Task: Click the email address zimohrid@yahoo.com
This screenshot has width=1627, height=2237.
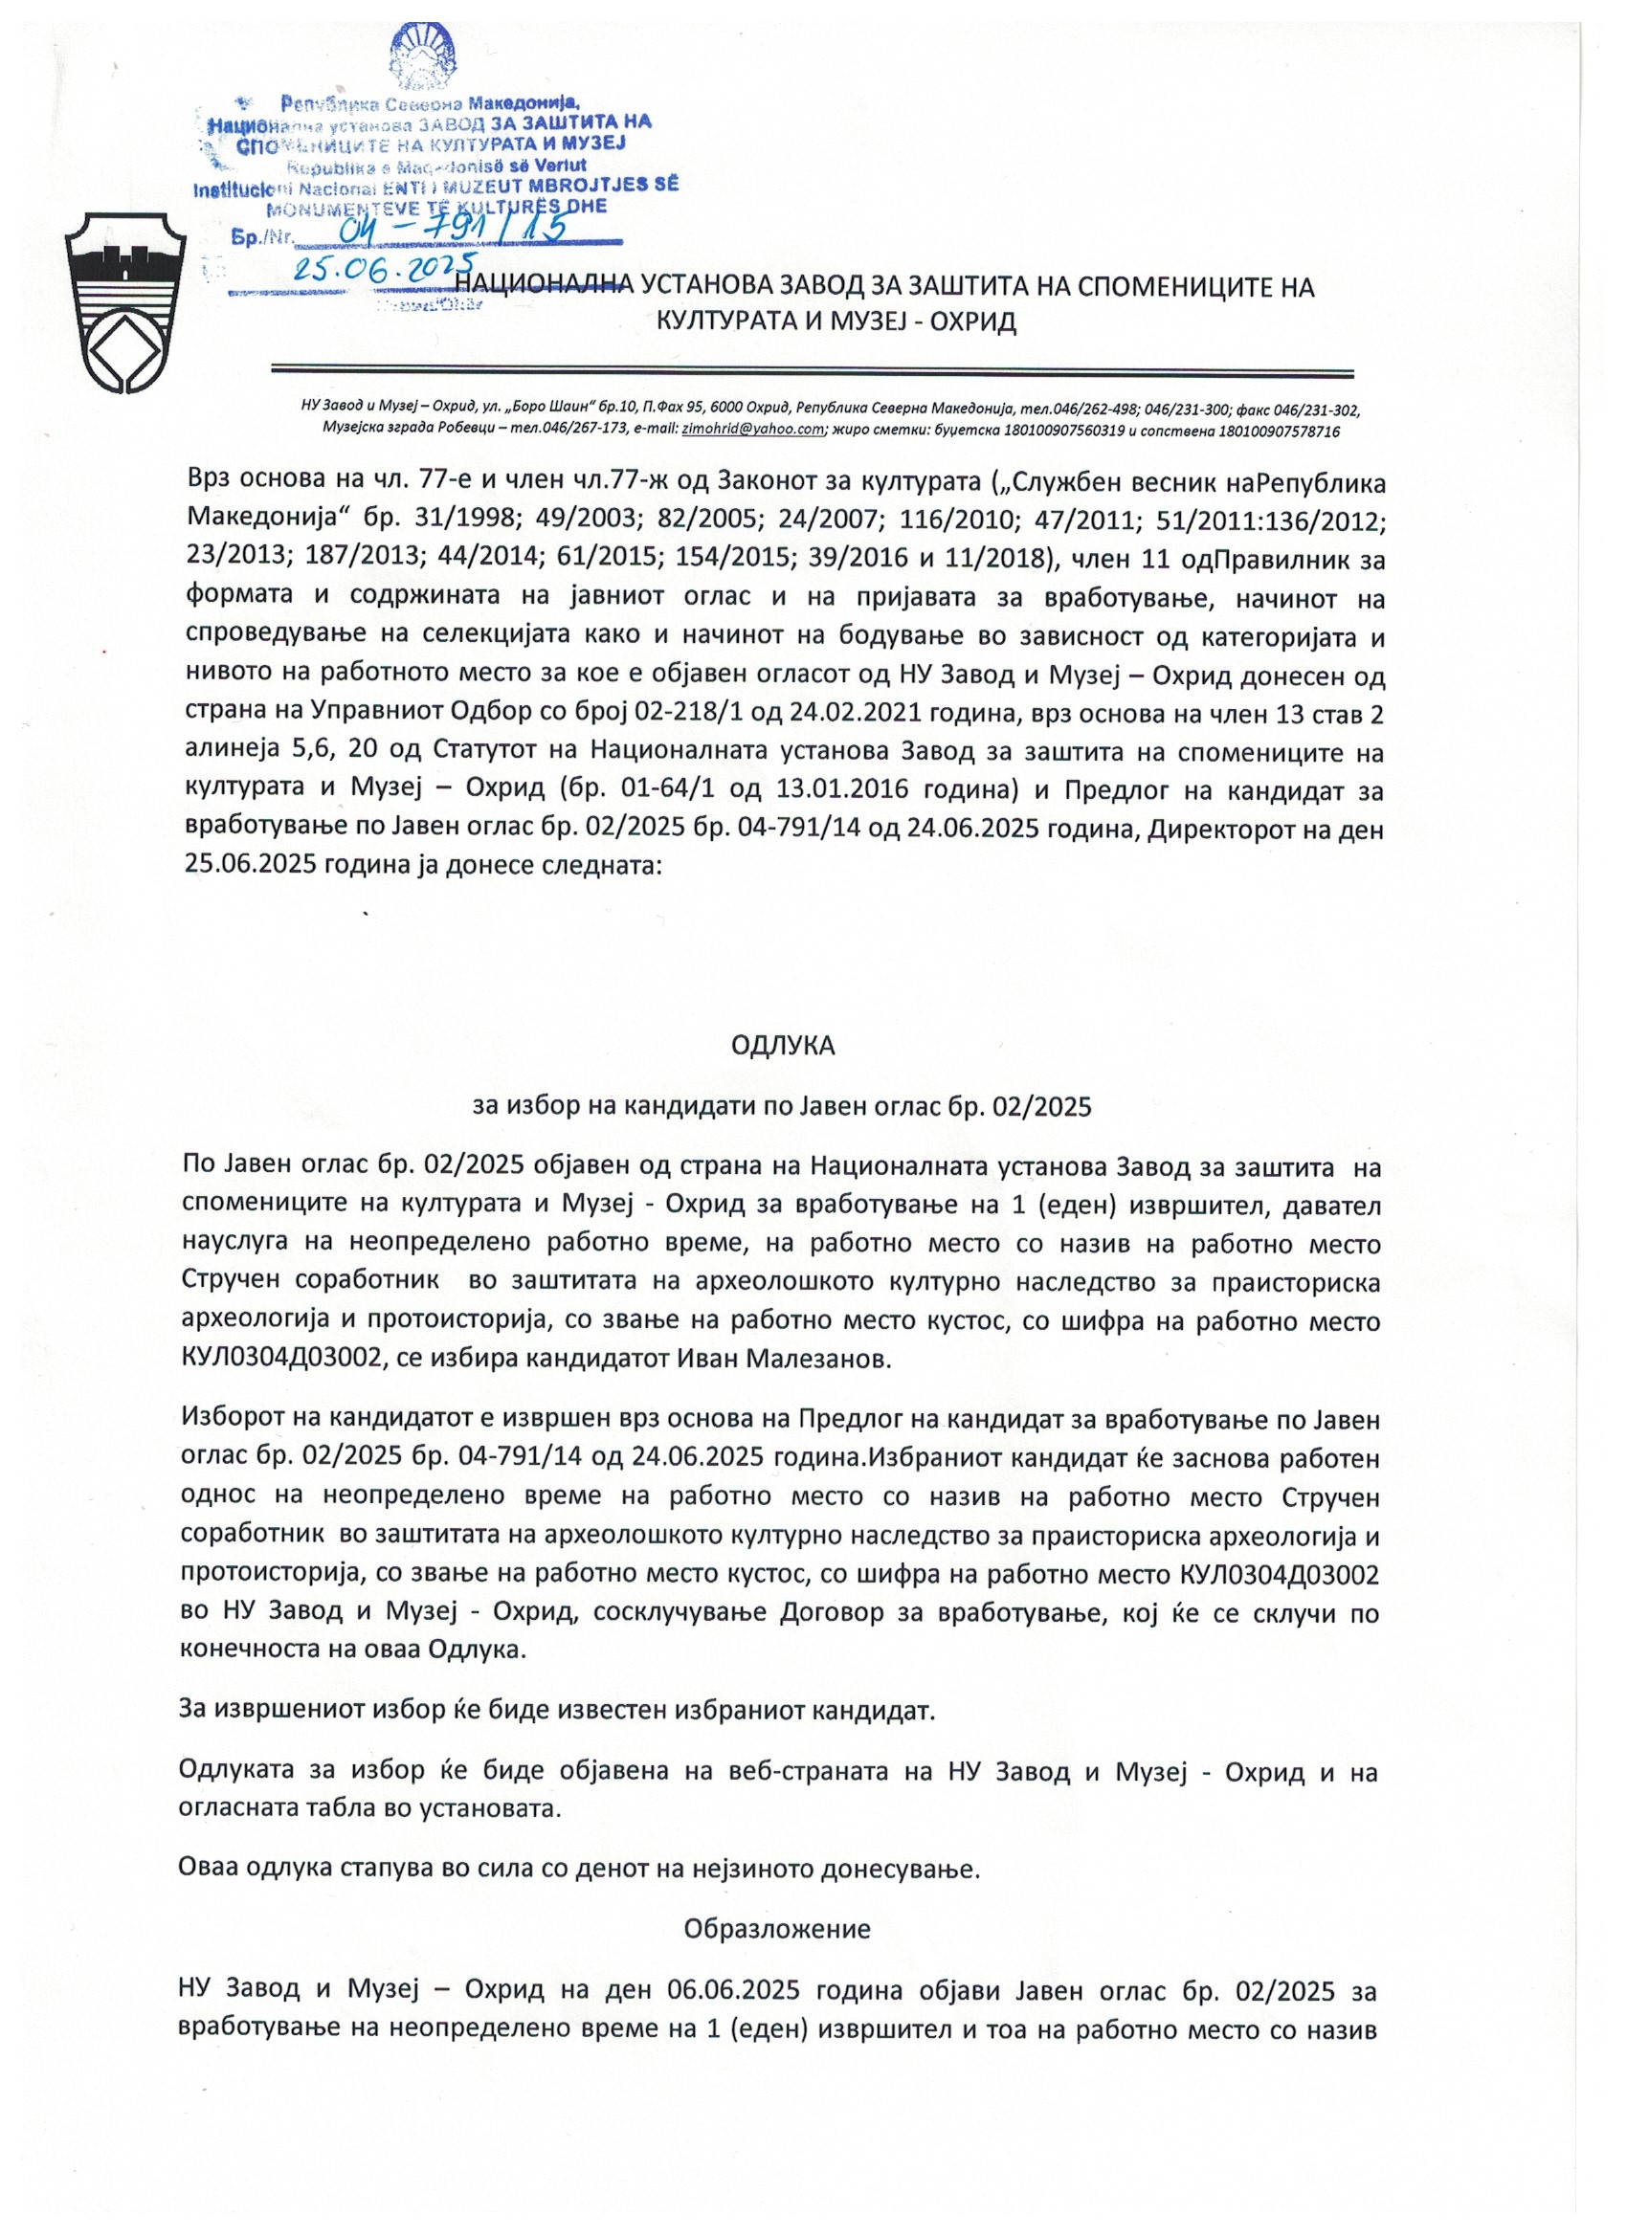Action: [753, 430]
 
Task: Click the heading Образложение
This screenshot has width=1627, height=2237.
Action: [777, 1928]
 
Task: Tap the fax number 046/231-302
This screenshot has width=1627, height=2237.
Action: [1317, 409]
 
